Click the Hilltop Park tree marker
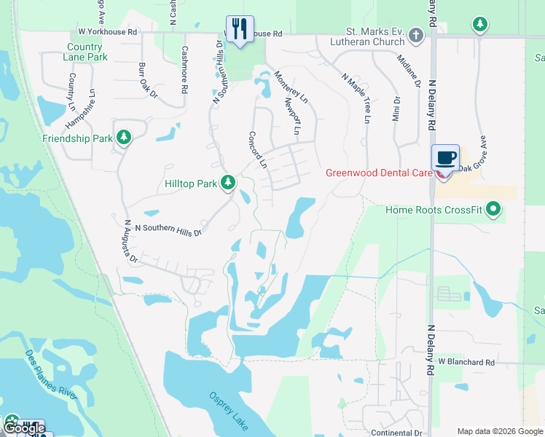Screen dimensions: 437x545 [x=228, y=183]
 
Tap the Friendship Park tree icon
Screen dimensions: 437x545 [x=124, y=138]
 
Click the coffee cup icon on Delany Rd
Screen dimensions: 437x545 [x=445, y=157]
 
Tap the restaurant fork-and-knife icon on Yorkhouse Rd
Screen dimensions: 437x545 [x=239, y=29]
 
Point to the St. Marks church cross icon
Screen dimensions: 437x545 [x=415, y=35]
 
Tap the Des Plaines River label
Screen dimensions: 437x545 [x=52, y=374]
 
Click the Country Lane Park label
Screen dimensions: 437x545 [x=81, y=52]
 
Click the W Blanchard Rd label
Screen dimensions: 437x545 [x=466, y=362]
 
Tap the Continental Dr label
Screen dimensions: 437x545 [x=396, y=432]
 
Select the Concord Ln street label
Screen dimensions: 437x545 [x=258, y=149]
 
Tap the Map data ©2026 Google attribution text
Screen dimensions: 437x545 [x=498, y=430]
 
